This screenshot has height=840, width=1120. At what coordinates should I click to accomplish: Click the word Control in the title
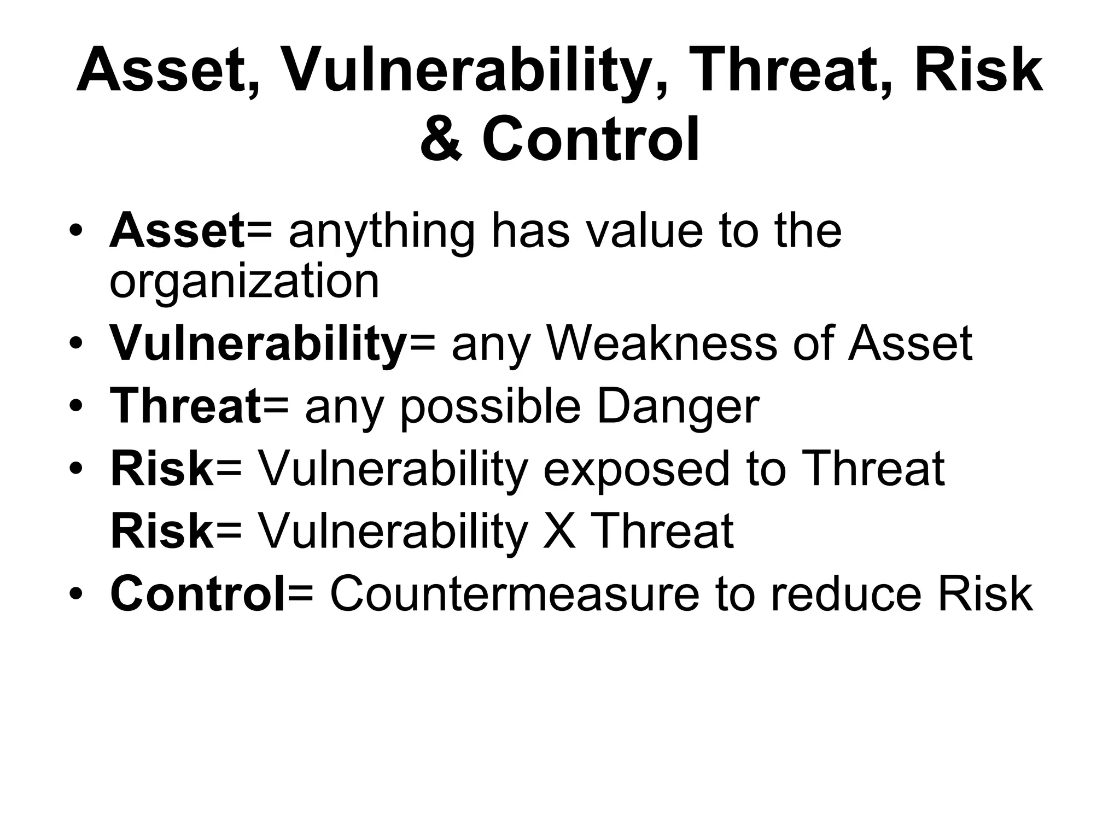coord(591,139)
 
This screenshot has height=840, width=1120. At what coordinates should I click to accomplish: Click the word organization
coord(244,283)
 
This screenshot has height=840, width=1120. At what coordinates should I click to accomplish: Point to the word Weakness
coord(661,344)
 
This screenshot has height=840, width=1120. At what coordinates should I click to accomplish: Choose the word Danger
coord(678,406)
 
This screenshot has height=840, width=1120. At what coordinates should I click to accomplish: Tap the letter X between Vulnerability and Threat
coord(559,531)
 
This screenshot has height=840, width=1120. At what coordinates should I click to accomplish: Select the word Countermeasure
coord(515,594)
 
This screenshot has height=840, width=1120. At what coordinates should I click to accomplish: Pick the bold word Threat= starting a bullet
coord(200,406)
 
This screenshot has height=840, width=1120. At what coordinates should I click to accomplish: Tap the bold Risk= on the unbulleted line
coord(176,531)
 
